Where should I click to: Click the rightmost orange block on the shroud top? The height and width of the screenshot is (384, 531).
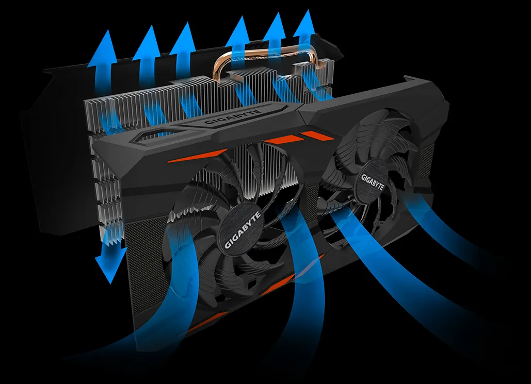318,136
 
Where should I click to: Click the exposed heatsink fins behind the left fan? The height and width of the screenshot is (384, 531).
268,170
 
